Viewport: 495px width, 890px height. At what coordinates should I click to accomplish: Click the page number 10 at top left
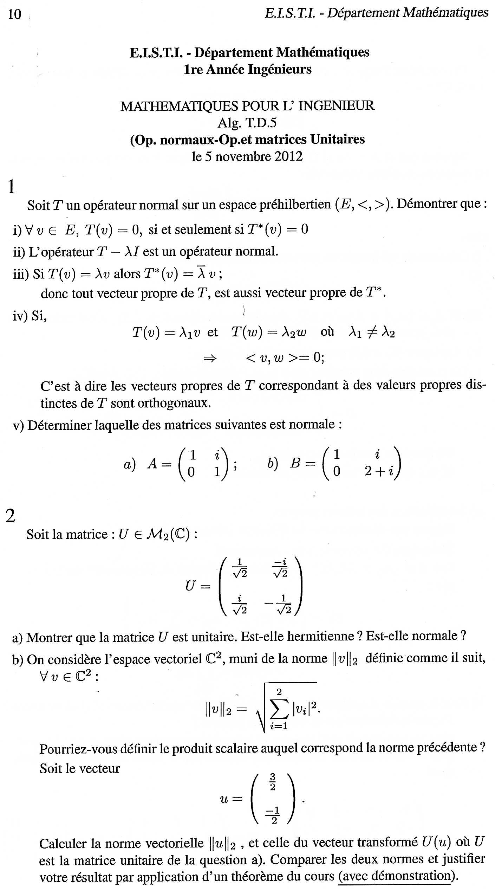point(14,14)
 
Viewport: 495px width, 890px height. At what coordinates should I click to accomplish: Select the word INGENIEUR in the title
point(336,106)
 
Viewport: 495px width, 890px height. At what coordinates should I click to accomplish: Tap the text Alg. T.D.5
point(247,123)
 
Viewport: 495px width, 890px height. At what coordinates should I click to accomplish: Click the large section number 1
point(11,187)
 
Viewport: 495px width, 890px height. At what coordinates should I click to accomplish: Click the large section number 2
point(11,516)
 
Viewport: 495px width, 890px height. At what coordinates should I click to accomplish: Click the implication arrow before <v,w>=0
point(210,358)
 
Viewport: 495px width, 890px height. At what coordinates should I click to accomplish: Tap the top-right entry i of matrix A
point(217,456)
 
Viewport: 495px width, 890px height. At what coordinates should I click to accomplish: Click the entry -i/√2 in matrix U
point(280,568)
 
